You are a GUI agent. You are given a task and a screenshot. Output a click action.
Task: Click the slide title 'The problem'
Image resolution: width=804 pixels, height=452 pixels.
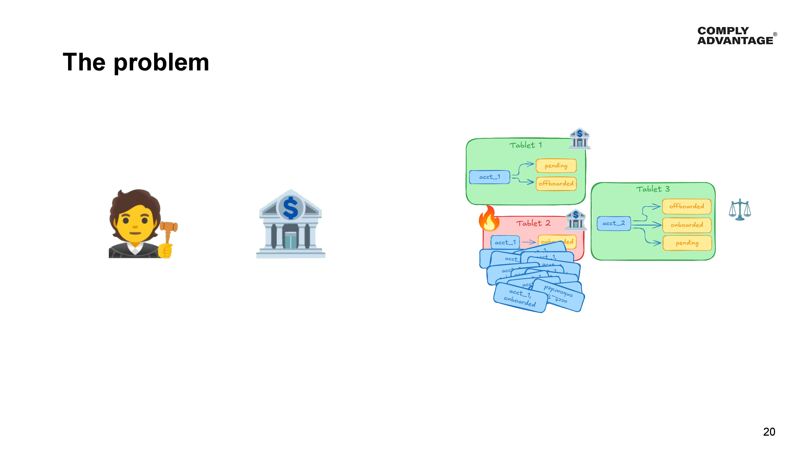136,62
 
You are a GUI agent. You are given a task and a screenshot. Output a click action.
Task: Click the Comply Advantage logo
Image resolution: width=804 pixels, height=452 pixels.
736,36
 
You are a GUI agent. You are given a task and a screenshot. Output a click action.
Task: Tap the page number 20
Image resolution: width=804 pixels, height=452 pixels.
769,432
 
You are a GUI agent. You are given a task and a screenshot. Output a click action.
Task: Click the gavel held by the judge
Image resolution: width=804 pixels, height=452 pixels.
169,229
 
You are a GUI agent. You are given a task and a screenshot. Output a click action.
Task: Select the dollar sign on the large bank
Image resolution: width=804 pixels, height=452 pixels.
290,208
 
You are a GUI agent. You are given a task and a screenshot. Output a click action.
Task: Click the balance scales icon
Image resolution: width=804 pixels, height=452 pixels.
739,209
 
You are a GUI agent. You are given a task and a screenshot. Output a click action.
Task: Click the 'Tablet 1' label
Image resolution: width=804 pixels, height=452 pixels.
526,145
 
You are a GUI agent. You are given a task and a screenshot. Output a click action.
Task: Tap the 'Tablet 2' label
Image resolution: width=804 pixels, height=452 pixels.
533,223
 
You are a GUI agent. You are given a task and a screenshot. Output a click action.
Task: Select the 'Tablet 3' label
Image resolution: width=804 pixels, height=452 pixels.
653,189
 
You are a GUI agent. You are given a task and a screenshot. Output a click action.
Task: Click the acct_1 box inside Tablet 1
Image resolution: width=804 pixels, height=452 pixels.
489,177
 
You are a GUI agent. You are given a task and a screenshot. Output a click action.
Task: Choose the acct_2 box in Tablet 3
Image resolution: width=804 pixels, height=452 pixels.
614,223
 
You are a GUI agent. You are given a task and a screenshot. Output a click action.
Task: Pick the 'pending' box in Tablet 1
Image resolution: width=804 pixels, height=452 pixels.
556,166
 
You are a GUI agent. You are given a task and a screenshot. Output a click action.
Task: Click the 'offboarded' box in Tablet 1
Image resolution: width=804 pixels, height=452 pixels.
556,183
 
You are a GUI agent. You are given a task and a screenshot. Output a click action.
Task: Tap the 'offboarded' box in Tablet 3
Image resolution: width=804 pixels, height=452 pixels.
686,206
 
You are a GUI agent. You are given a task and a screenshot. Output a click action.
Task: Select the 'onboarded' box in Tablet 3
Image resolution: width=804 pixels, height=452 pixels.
687,225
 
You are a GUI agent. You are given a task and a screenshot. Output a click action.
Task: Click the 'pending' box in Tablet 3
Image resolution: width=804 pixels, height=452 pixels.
687,243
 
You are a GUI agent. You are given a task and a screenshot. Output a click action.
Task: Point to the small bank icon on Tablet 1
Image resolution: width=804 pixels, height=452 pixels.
579,138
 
